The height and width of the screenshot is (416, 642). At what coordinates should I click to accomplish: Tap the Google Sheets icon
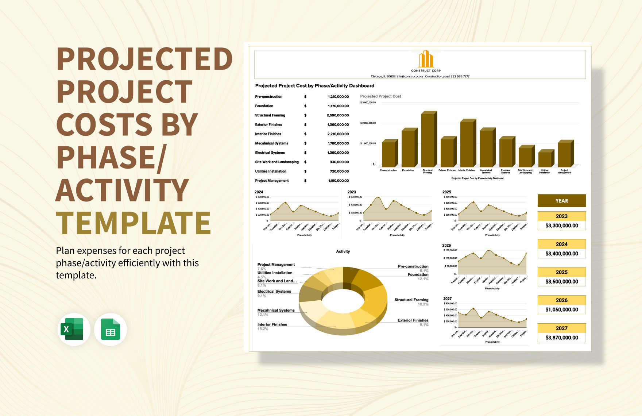[x=110, y=329]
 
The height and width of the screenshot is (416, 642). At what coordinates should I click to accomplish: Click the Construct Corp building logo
[x=426, y=59]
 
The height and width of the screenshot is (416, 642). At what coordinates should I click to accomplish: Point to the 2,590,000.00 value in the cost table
[x=337, y=115]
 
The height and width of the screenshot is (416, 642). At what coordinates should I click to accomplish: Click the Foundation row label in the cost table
[x=264, y=106]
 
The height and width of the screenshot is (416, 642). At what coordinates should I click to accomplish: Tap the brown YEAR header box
[x=561, y=201]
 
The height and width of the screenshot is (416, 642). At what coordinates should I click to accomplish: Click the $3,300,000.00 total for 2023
[x=561, y=226]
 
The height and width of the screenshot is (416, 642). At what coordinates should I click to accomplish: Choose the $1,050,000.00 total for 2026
[x=561, y=309]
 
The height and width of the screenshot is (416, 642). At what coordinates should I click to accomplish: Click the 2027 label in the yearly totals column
[x=561, y=328]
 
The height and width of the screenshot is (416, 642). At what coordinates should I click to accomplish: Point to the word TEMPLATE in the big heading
[x=134, y=223]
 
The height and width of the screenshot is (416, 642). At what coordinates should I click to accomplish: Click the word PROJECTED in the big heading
[x=144, y=59]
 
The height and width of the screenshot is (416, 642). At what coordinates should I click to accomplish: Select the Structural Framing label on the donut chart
[x=411, y=300]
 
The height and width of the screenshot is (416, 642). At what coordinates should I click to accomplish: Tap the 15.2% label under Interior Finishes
[x=263, y=329]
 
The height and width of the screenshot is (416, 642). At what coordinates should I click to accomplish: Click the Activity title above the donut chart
[x=343, y=251]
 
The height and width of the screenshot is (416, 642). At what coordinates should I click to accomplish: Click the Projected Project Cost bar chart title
[x=380, y=96]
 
